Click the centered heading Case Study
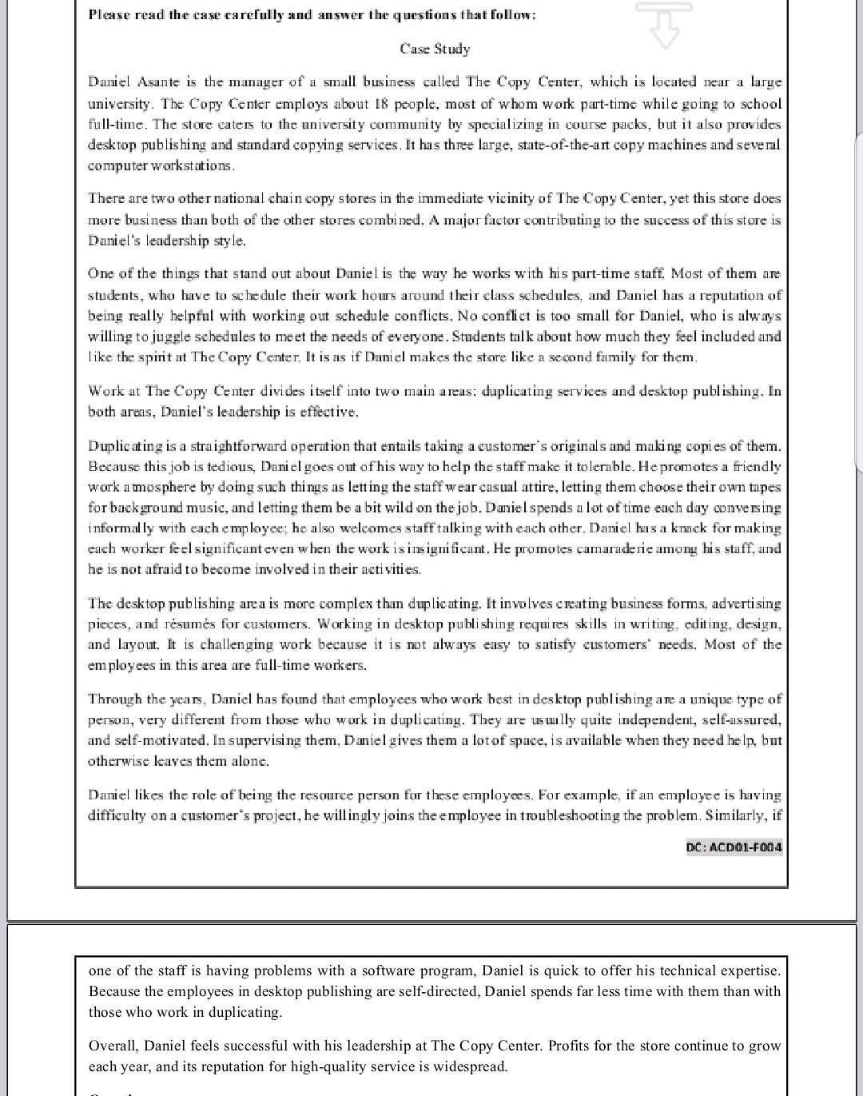435,49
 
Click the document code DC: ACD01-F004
734,847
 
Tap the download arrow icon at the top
664,24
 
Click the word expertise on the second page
749,970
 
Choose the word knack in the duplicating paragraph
690,528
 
